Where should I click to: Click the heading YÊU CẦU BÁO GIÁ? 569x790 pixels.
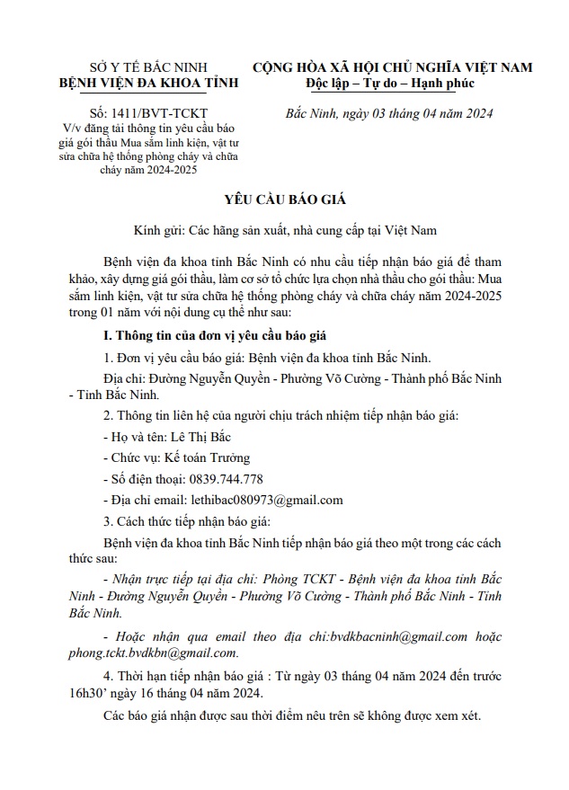coord(284,199)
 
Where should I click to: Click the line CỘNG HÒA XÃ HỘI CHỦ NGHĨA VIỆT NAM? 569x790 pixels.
coord(392,67)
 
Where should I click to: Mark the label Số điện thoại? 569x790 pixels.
coord(145,479)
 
